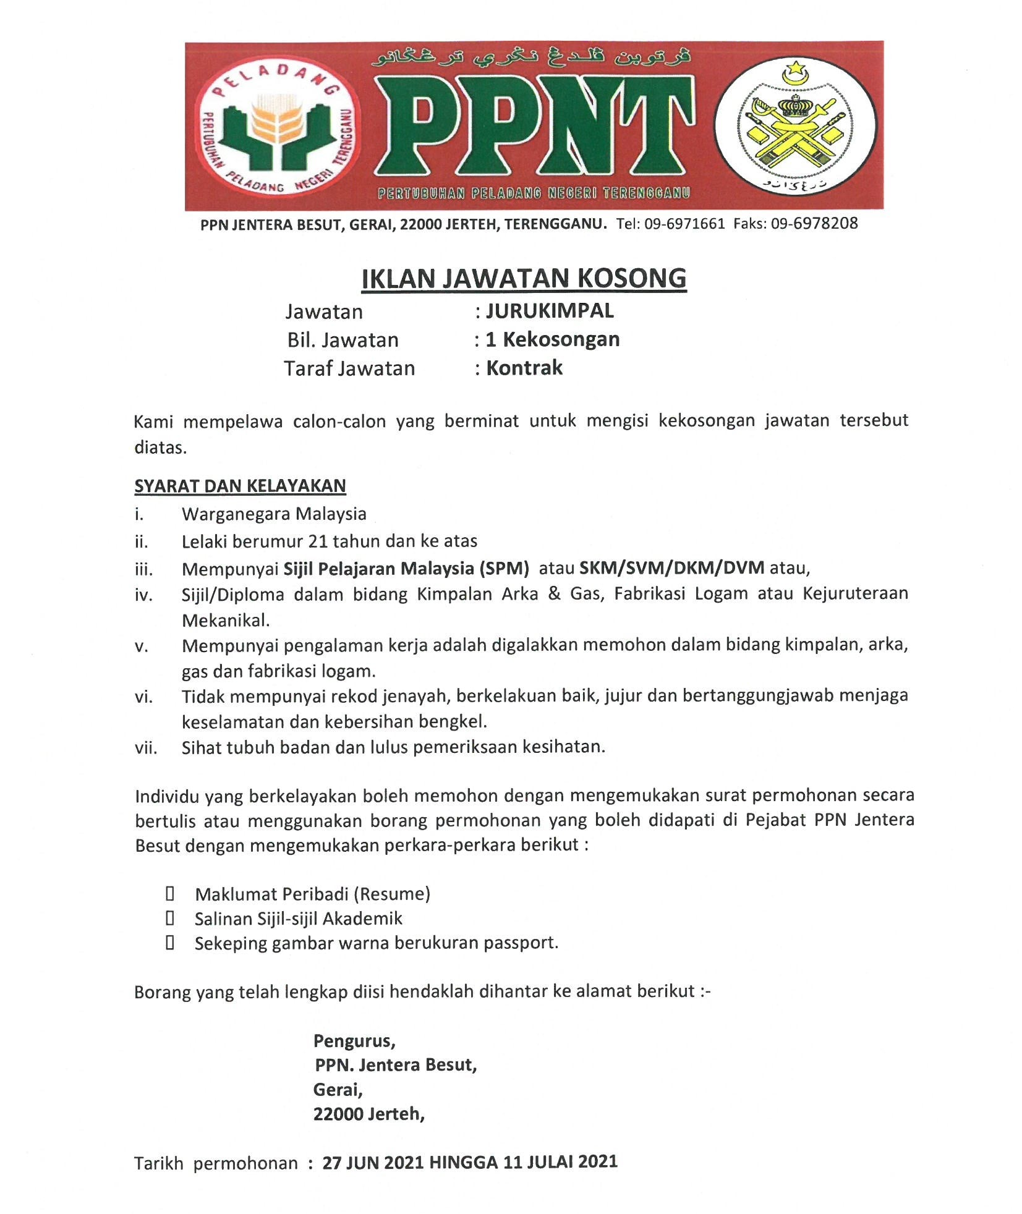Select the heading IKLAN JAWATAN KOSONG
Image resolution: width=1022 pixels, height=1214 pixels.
pyautogui.click(x=524, y=278)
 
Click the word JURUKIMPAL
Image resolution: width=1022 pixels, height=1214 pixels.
pyautogui.click(x=550, y=310)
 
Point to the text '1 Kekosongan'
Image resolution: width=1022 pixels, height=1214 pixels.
pyautogui.click(x=552, y=339)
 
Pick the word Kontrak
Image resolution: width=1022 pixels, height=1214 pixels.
pyautogui.click(x=524, y=368)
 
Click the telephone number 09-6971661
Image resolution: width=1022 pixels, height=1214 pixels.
pyautogui.click(x=684, y=224)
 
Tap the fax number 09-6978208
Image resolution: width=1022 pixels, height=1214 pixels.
pyautogui.click(x=814, y=224)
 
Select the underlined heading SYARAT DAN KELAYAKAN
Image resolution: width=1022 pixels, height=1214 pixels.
pyautogui.click(x=240, y=486)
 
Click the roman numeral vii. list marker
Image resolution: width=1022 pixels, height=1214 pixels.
pyautogui.click(x=146, y=748)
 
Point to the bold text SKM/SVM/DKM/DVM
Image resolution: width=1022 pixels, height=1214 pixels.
pyautogui.click(x=671, y=567)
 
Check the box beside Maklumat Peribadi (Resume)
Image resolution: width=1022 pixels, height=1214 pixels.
pyautogui.click(x=169, y=893)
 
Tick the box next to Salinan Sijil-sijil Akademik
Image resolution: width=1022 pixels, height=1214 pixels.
pyautogui.click(x=169, y=919)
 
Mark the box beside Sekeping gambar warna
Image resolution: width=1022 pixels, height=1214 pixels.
pyautogui.click(x=169, y=943)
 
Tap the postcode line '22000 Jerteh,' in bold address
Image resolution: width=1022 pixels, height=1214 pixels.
pyautogui.click(x=368, y=1114)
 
